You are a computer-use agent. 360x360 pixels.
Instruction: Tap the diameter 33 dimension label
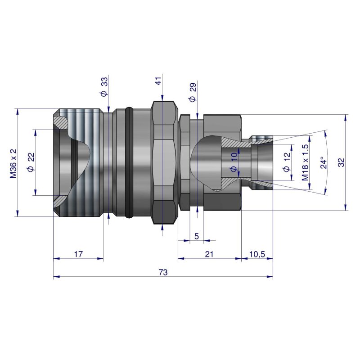coord(104,87)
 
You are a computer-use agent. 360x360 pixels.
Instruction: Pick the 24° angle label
coord(323,163)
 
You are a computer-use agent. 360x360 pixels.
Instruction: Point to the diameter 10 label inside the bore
coord(233,162)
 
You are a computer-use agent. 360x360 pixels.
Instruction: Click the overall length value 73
coord(163,272)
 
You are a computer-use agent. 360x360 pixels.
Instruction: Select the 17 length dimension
coord(78,254)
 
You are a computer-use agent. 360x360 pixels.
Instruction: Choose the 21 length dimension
coord(209,254)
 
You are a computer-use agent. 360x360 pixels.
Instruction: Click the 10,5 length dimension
coord(256,254)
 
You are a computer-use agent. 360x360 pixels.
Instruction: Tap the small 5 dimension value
coord(196,236)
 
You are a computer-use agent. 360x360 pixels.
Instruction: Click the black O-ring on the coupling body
coord(130,162)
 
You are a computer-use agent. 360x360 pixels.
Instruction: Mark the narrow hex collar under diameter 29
coord(184,163)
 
